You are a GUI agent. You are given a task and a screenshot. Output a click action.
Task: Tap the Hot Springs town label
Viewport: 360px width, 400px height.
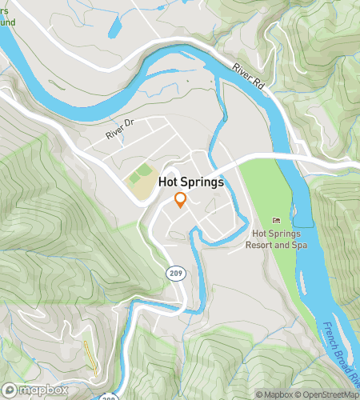click(x=191, y=182)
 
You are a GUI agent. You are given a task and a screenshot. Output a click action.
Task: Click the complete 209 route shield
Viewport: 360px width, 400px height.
click(x=174, y=274)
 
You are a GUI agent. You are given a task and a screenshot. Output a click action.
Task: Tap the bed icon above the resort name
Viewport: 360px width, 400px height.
click(x=277, y=220)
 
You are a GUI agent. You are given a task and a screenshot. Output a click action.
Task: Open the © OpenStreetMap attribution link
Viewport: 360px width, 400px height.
click(x=328, y=394)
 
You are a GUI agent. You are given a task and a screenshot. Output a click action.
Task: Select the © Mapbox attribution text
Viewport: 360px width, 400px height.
click(x=274, y=394)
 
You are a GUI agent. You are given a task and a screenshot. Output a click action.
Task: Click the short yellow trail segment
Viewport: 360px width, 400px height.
click(x=89, y=357)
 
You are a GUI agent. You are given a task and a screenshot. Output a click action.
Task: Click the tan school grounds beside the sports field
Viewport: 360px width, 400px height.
click(x=143, y=188)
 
